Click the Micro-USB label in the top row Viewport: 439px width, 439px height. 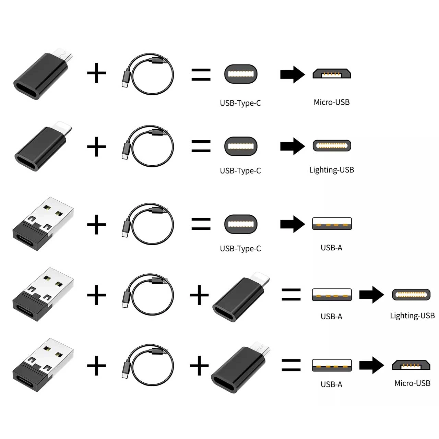coord(331,102)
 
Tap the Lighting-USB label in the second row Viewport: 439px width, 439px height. coord(331,170)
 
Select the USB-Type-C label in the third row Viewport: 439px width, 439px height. coord(240,249)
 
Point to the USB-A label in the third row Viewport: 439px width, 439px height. coord(331,248)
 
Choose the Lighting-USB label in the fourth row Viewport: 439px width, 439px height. coord(412,316)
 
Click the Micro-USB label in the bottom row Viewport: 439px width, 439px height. coord(412,383)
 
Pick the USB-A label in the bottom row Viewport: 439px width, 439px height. coord(331,384)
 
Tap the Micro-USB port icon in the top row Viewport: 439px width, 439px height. coord(332,74)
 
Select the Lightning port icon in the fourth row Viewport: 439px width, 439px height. coord(411,295)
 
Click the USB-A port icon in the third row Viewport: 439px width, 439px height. coord(332,224)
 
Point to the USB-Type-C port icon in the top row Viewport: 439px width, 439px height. coord(241,74)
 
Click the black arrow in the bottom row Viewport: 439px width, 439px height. coord(371,365)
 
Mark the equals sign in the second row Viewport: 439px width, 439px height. coord(201,146)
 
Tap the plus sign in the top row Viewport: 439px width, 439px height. coord(96,73)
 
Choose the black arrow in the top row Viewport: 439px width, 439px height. coord(293,74)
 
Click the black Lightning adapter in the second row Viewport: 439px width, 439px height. coord(43,146)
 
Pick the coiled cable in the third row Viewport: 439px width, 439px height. coord(147,224)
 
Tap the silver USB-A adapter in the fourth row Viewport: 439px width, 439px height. coord(43,294)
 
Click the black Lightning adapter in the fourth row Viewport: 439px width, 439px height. coord(241,296)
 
